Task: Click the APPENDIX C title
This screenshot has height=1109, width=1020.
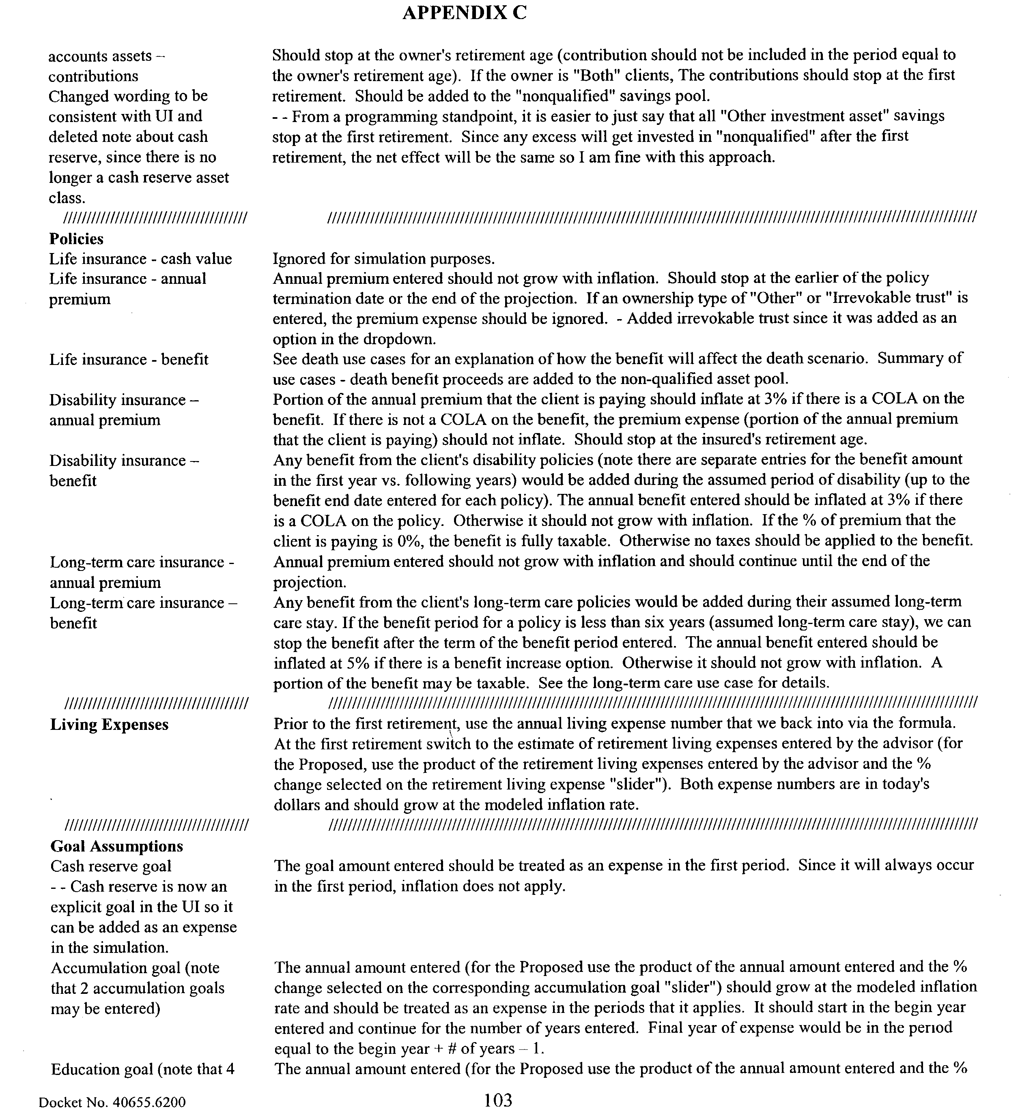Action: [x=464, y=13]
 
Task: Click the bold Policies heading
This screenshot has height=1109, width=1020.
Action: [x=76, y=239]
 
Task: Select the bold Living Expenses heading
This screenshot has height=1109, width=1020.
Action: [x=109, y=725]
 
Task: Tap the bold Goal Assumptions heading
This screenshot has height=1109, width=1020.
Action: [x=116, y=846]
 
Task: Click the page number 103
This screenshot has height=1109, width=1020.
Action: [x=498, y=1100]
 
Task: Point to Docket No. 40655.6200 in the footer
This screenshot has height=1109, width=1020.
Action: [x=112, y=1102]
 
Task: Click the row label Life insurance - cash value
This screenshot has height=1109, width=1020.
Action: [x=140, y=259]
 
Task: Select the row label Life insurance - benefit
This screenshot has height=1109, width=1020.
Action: [x=129, y=360]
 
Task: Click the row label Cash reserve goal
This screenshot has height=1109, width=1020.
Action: [x=111, y=866]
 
